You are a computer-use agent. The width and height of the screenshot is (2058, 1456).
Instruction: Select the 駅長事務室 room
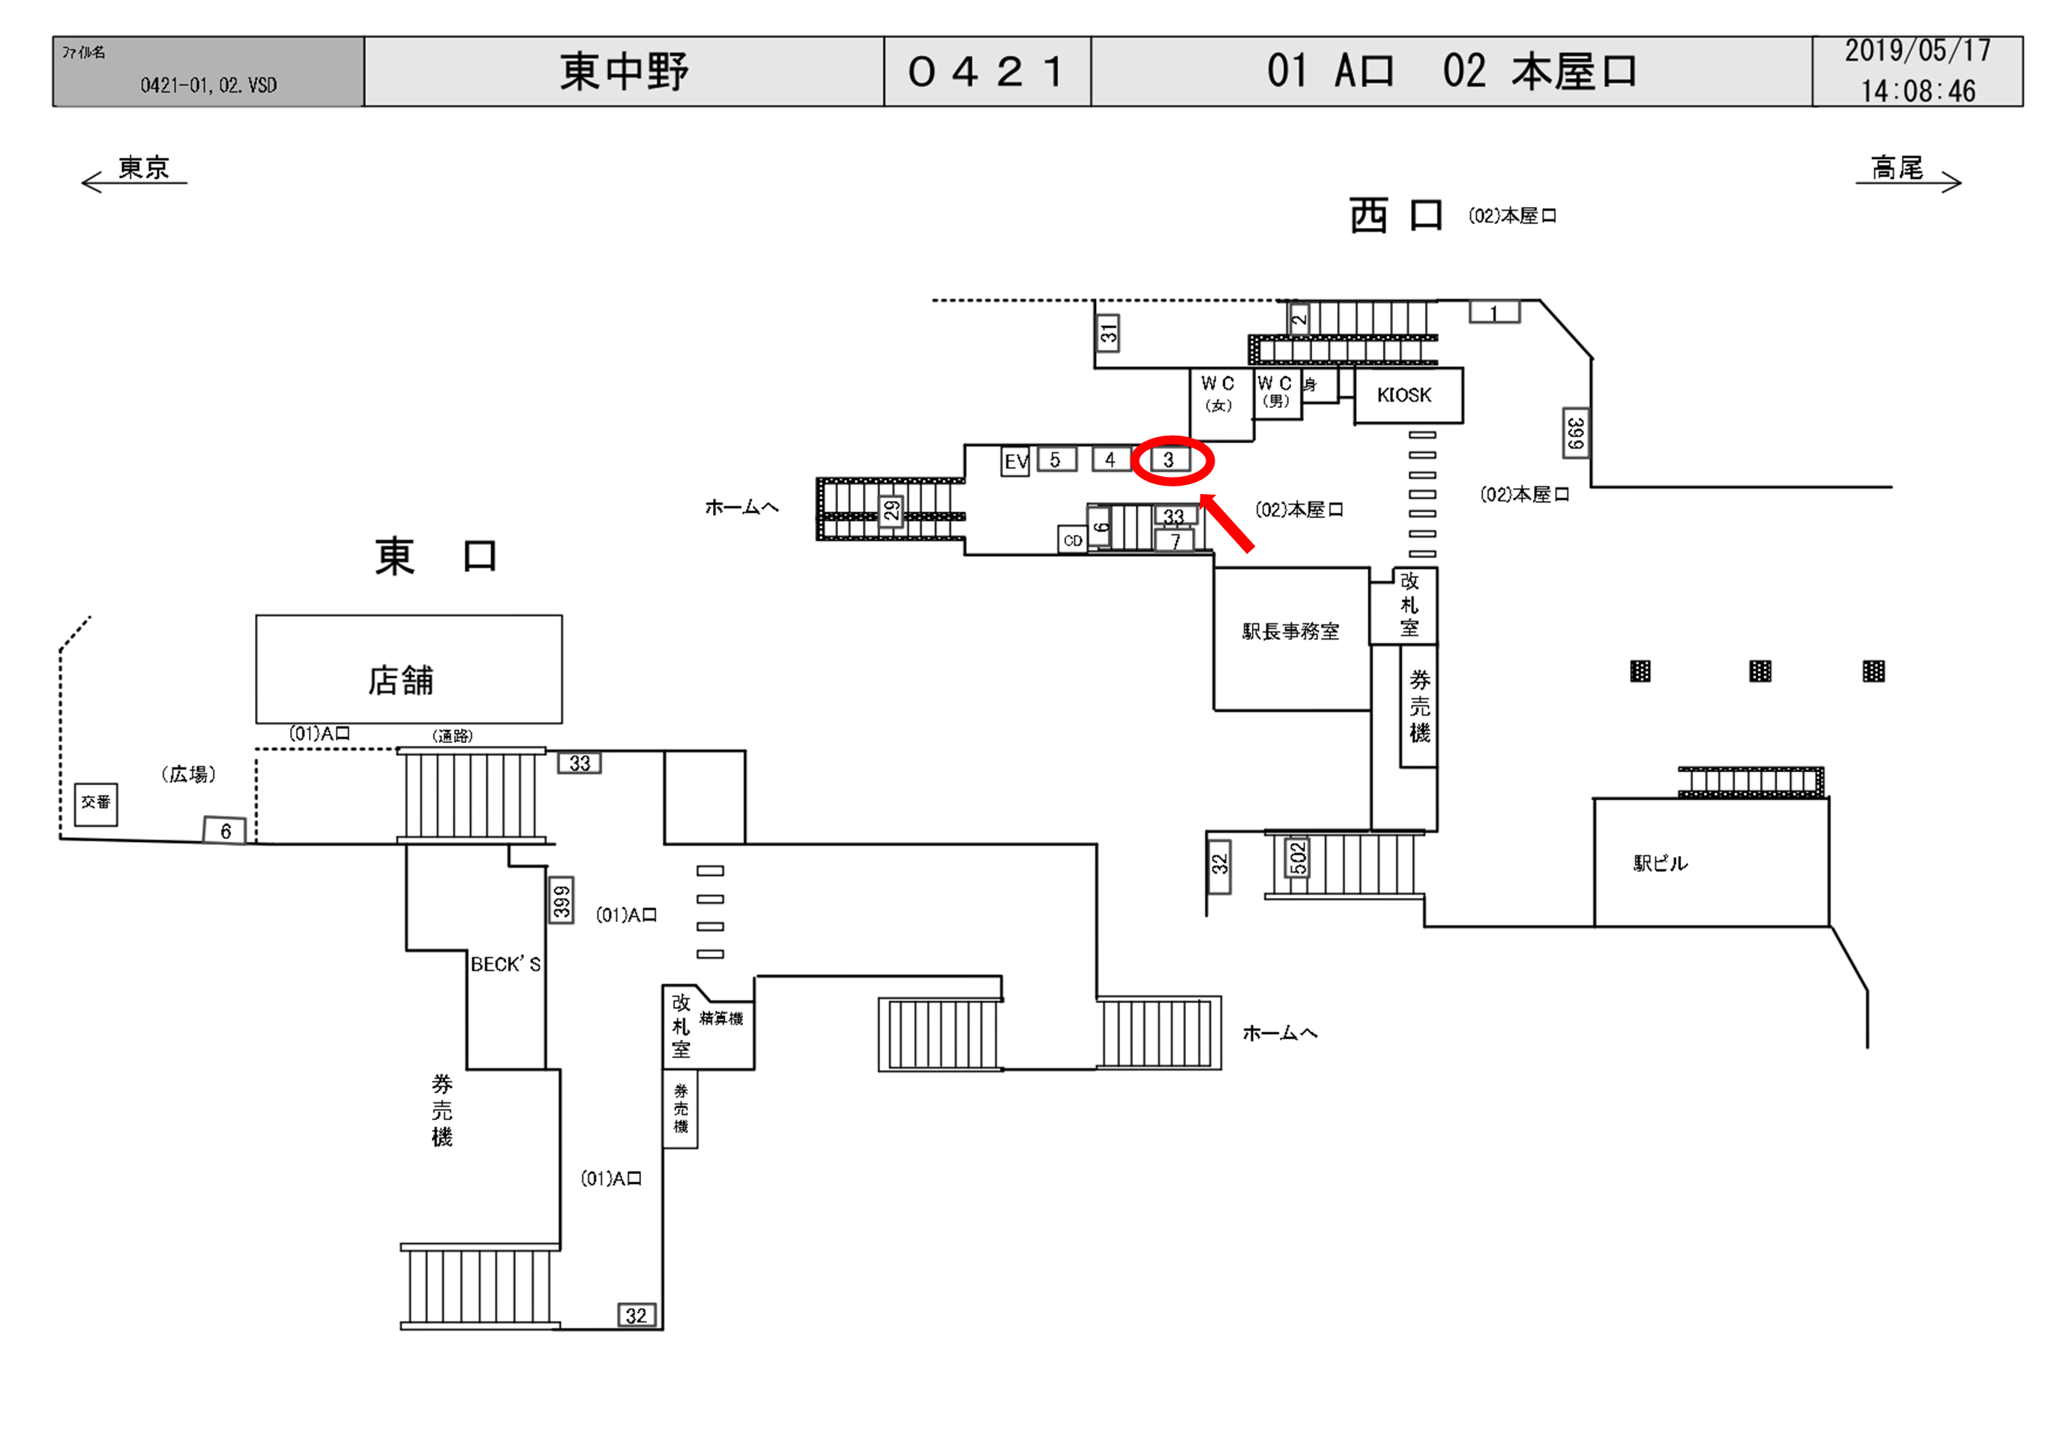click(1291, 632)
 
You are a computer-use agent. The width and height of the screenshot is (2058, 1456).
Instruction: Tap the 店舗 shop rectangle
click(409, 670)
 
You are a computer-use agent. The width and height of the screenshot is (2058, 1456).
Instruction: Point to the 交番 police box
click(96, 802)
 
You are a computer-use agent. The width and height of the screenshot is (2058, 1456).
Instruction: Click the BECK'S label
click(505, 965)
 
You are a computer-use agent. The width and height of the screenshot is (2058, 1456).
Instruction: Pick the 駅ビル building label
click(1660, 864)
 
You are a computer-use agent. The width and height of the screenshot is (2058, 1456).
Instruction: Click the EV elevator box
click(1014, 462)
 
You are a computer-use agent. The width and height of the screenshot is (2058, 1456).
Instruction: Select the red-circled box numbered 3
click(1170, 460)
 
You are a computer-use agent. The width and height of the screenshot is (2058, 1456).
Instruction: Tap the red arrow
click(1227, 523)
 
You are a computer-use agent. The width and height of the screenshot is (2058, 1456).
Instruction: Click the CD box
click(1073, 541)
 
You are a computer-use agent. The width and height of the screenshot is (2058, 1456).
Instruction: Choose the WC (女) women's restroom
click(1218, 395)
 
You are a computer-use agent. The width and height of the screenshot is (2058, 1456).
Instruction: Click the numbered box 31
click(1109, 334)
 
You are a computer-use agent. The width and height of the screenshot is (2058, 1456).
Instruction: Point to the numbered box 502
click(1297, 859)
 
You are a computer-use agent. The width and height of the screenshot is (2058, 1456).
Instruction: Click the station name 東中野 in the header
click(624, 72)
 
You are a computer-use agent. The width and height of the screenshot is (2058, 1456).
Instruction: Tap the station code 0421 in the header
click(987, 72)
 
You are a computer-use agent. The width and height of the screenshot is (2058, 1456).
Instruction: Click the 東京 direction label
click(143, 168)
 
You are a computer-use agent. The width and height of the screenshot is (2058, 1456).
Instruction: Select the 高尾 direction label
click(1897, 168)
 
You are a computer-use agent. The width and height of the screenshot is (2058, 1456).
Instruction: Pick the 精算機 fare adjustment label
click(720, 1018)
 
